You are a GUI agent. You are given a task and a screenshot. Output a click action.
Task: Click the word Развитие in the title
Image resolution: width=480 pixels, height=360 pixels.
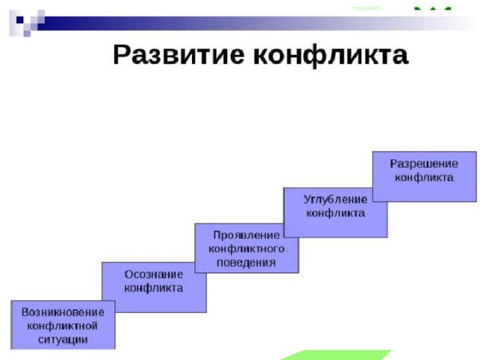pyautogui.click(x=178, y=55)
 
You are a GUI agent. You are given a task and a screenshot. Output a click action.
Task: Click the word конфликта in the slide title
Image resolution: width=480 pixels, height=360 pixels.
pyautogui.click(x=331, y=55)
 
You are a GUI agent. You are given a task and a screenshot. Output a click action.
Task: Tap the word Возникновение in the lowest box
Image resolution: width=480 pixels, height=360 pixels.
pyautogui.click(x=63, y=312)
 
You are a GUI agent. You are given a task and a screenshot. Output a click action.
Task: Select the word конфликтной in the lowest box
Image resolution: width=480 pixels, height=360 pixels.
pyautogui.click(x=62, y=325)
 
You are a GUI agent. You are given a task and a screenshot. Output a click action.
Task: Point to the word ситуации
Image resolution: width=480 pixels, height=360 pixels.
pyautogui.click(x=63, y=340)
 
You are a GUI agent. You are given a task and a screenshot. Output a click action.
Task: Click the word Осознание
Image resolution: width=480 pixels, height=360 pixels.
pyautogui.click(x=154, y=274)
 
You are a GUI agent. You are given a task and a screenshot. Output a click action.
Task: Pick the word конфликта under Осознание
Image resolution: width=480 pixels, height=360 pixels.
pyautogui.click(x=154, y=288)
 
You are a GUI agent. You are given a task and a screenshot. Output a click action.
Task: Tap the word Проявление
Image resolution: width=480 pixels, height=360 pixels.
pyautogui.click(x=247, y=235)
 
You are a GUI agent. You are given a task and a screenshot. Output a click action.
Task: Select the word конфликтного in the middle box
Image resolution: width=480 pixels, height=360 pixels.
pyautogui.click(x=247, y=248)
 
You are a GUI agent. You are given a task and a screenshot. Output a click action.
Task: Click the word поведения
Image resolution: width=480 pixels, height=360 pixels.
pyautogui.click(x=247, y=262)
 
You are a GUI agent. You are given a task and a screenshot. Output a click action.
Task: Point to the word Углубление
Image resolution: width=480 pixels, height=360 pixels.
pyautogui.click(x=335, y=199)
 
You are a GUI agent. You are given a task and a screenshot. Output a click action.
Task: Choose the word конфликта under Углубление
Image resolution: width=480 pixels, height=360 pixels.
pyautogui.click(x=336, y=213)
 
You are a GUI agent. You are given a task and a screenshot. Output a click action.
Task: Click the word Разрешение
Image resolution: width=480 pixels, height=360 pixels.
pyautogui.click(x=424, y=163)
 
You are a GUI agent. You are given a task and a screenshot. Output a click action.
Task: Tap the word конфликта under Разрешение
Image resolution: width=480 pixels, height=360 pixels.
pyautogui.click(x=424, y=178)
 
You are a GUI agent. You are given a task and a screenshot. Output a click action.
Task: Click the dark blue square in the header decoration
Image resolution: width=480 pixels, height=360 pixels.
pyautogui.click(x=20, y=20)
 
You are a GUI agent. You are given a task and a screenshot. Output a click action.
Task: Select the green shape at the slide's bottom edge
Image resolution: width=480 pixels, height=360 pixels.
pyautogui.click(x=335, y=355)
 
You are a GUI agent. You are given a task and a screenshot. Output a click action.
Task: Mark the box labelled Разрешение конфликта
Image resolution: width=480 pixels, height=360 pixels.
pyautogui.click(x=424, y=177)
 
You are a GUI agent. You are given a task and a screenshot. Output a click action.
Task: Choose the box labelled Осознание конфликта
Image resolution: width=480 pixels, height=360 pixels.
pyautogui.click(x=154, y=287)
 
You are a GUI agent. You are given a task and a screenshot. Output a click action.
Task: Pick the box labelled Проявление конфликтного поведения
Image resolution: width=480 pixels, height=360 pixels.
pyautogui.click(x=247, y=248)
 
